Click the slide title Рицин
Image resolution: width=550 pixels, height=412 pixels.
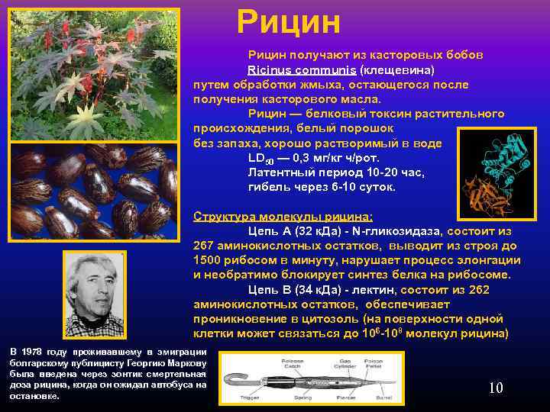click(x=288, y=22)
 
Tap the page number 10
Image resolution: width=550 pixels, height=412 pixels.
click(x=496, y=388)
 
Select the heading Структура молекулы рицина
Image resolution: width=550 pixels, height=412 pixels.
click(x=283, y=216)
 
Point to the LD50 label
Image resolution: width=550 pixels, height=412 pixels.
click(x=260, y=159)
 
